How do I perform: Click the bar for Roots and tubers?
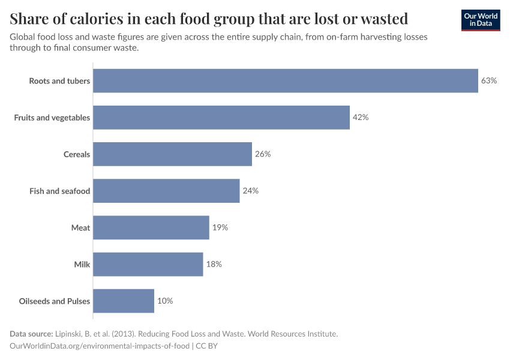tap(286, 80)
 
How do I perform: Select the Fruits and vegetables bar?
tap(221, 118)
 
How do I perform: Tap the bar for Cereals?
tap(172, 154)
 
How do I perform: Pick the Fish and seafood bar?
tap(166, 191)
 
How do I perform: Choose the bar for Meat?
tap(151, 227)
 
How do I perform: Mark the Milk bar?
tap(148, 264)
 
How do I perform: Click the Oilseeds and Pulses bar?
tap(124, 301)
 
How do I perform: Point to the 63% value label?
tap(489, 80)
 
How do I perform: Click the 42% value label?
tap(360, 118)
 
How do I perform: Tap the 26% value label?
tap(263, 154)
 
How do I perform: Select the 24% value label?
tap(250, 191)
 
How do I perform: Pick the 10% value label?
tap(165, 301)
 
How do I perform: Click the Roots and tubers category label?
tap(59, 81)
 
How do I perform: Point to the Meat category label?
tap(80, 228)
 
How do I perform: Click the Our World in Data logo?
tap(481, 20)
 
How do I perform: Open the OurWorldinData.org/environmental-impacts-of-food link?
tap(100, 346)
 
